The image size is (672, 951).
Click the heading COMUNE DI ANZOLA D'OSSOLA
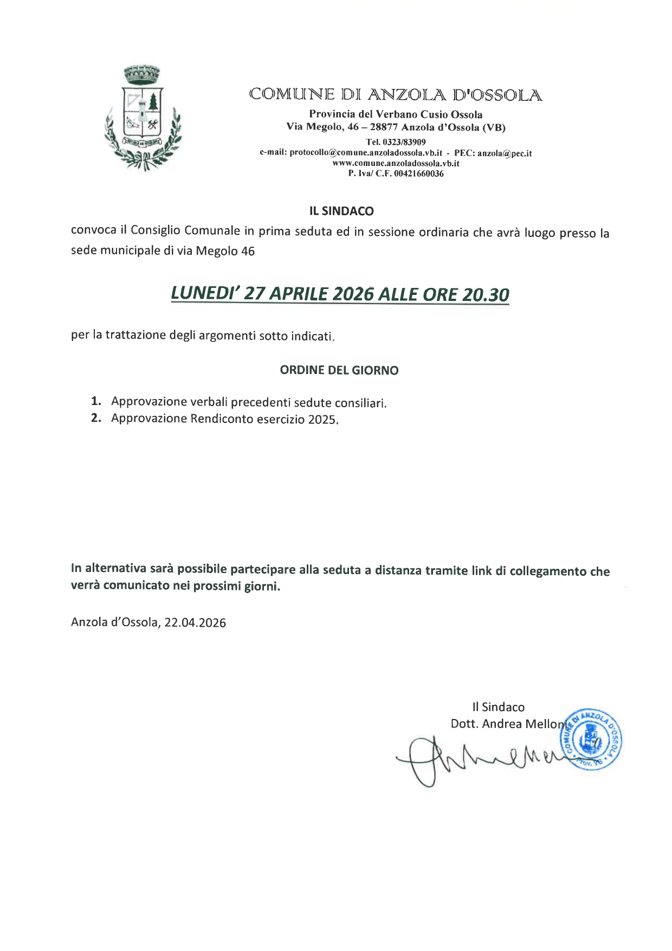[396, 95]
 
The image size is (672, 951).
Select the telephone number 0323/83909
[403, 142]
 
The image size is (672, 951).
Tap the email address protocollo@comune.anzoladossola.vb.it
[366, 153]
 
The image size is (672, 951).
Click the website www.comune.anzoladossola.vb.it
[396, 163]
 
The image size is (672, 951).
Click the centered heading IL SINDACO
[341, 211]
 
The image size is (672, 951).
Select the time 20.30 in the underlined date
[486, 295]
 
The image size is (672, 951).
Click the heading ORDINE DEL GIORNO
[339, 370]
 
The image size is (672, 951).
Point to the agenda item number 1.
[96, 401]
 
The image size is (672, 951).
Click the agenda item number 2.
[96, 418]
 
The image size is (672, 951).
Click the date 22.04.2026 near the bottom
[195, 622]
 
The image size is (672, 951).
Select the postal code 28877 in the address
[384, 127]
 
